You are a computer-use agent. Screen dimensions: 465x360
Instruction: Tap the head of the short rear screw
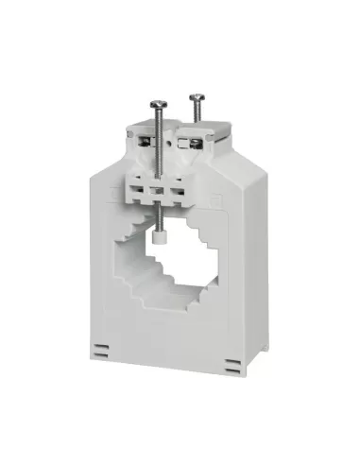pyautogui.click(x=196, y=95)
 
